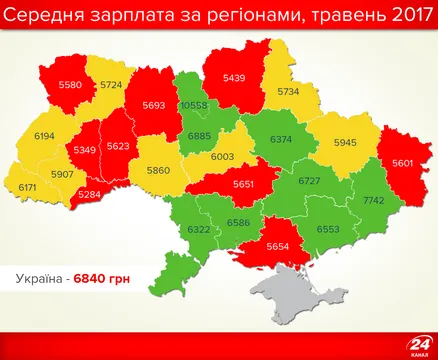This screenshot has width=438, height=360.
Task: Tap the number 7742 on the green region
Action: [374, 201]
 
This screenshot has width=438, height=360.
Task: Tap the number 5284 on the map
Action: [89, 193]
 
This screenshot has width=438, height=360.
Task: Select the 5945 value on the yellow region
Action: [344, 142]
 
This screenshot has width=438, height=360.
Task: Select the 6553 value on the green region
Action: [327, 228]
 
